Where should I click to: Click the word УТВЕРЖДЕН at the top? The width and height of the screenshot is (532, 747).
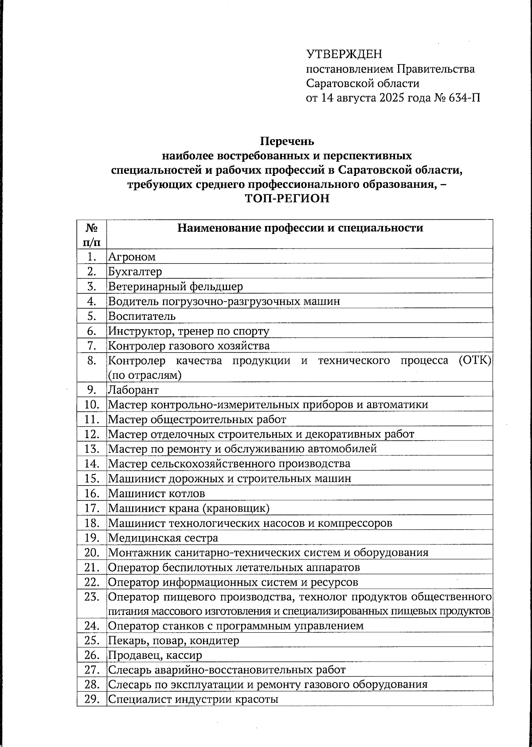344,54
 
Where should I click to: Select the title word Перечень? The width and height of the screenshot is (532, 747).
287,141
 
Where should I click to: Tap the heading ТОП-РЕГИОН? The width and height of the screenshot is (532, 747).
287,198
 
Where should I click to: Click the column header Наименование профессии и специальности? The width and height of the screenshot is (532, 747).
300,228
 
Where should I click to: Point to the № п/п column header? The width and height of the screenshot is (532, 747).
92,234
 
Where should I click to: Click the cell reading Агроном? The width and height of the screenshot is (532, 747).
132,257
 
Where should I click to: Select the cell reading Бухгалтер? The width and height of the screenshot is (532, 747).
135,271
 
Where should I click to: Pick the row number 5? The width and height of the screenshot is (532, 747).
92,316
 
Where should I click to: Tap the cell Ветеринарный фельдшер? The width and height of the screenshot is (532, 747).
176,286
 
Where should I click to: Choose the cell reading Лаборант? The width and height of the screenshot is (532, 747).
133,390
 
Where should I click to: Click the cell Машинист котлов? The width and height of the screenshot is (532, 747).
156,494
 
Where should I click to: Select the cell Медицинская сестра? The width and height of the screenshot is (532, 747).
163,538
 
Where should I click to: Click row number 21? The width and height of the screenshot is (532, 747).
91,567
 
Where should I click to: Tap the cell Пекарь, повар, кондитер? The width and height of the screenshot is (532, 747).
174,640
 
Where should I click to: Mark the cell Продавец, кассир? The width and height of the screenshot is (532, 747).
155,655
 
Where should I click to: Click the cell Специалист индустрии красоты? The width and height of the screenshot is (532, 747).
193,700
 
